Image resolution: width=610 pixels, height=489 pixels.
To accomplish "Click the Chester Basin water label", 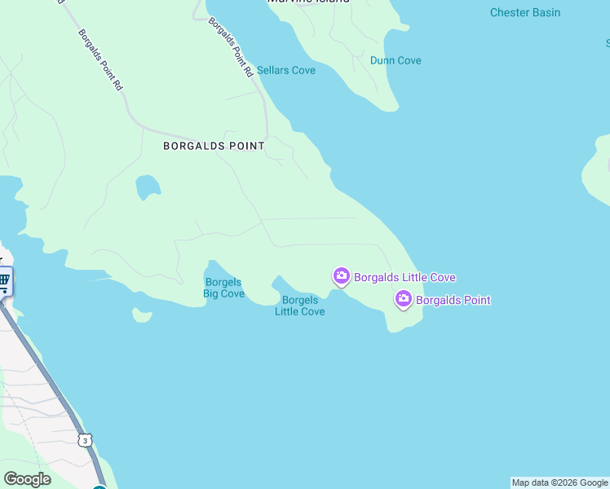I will click(x=525, y=12).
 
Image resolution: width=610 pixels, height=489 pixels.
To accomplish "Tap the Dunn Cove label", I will click(x=396, y=60).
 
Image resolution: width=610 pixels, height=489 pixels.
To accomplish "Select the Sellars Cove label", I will click(x=286, y=71).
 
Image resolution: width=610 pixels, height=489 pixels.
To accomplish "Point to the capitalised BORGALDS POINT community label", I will click(x=214, y=146).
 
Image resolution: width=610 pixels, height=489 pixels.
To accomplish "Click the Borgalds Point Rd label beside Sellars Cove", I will click(x=230, y=47).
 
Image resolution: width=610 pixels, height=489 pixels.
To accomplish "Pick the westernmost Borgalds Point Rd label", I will click(x=100, y=60).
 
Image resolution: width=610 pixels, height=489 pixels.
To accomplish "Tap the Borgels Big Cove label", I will click(x=223, y=289).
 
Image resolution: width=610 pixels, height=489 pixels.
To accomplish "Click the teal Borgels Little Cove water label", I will click(x=299, y=306).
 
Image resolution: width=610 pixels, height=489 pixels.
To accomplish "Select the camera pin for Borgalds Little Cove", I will click(x=341, y=277).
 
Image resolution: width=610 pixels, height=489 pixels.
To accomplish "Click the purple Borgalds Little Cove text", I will click(x=404, y=278).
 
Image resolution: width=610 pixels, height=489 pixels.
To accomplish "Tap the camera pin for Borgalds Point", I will click(x=403, y=300).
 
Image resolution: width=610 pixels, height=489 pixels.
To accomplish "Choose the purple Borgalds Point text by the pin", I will click(x=453, y=301).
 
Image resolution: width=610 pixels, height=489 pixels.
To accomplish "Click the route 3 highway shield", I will click(x=85, y=440).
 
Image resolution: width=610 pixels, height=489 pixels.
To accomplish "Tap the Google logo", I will click(x=27, y=479).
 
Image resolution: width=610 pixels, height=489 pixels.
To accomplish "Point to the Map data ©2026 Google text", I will click(x=559, y=482).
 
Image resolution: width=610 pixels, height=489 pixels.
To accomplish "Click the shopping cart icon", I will click(x=4, y=281).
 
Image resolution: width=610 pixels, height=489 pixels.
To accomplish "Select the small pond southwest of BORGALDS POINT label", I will click(x=147, y=187).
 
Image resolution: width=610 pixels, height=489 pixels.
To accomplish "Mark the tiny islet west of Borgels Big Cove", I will click(x=142, y=314).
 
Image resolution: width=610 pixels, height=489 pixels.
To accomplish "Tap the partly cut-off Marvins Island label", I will click(x=309, y=2).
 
